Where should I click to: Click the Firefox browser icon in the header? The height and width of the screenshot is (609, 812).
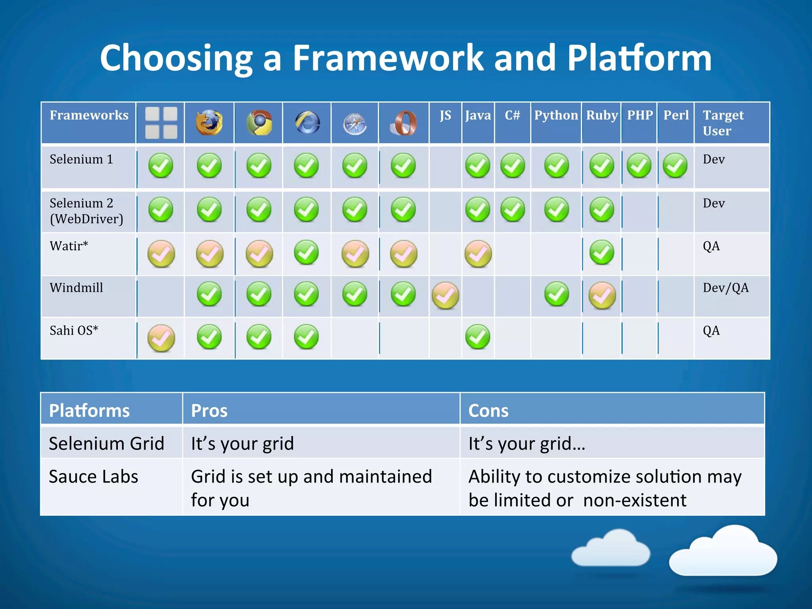[209, 123]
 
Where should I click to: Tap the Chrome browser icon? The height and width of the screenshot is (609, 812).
[259, 123]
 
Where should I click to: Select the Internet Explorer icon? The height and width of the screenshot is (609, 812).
[307, 123]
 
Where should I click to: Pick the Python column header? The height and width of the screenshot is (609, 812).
[556, 115]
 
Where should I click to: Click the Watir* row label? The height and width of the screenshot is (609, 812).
[69, 246]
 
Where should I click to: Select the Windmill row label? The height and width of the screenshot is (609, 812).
[76, 288]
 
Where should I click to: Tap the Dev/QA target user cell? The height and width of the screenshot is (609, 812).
[726, 288]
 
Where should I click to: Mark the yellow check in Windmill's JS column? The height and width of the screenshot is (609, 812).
[445, 295]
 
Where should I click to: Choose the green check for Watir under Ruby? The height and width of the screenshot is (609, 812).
[601, 252]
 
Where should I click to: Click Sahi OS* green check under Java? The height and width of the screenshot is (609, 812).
[477, 337]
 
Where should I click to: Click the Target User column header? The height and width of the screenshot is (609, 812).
[723, 123]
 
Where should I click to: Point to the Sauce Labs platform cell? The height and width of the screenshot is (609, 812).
[94, 477]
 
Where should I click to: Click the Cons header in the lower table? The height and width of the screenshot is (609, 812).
[488, 411]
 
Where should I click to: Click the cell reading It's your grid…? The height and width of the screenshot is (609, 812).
[527, 444]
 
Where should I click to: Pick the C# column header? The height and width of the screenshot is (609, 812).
[512, 115]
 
